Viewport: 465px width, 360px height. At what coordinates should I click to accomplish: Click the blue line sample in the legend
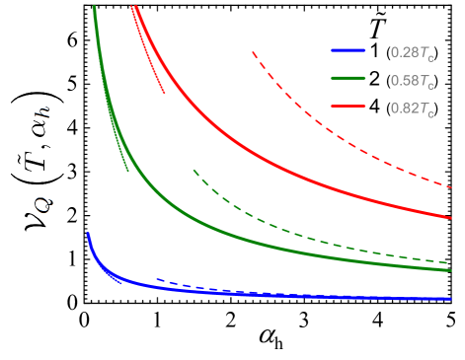click(x=348, y=51)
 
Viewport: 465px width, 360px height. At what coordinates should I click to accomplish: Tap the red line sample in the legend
click(x=348, y=106)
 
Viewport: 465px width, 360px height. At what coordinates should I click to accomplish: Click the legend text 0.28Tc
click(x=413, y=52)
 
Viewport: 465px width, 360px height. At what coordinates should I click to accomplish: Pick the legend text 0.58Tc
click(x=413, y=79)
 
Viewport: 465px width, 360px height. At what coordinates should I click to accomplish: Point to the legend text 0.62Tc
click(x=413, y=106)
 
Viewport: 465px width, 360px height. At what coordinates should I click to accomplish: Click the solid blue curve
click(x=296, y=296)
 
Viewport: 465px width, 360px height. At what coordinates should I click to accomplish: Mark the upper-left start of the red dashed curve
click(x=254, y=52)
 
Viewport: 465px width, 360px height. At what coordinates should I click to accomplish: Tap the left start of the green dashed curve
click(x=194, y=171)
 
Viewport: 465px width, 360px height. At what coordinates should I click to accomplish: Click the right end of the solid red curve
click(x=449, y=217)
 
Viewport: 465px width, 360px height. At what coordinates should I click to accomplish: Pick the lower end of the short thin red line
click(x=164, y=93)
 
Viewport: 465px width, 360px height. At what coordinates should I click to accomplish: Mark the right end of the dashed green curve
click(x=449, y=263)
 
